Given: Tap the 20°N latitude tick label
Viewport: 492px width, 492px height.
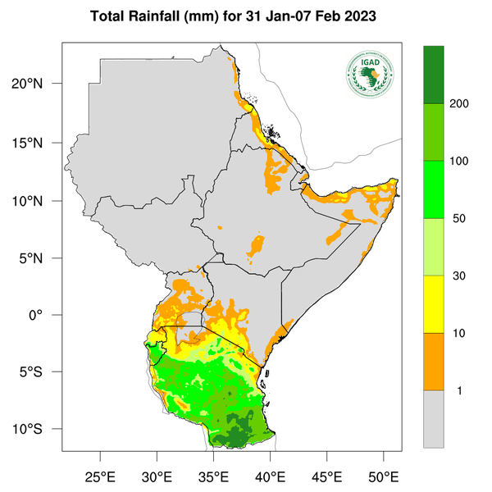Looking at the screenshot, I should pyautogui.click(x=37, y=84).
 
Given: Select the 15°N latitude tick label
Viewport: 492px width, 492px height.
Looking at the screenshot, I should pyautogui.click(x=37, y=143).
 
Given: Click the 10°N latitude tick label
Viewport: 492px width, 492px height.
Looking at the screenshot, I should pyautogui.click(x=37, y=200).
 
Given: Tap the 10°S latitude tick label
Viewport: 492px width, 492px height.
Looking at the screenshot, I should pyautogui.click(x=37, y=430).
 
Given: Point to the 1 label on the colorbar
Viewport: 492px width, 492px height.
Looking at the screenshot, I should pyautogui.click(x=460, y=390).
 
